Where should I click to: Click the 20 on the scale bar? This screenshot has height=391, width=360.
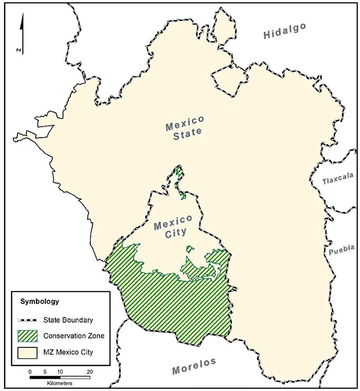90,371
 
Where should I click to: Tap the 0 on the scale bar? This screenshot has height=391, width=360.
30,371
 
